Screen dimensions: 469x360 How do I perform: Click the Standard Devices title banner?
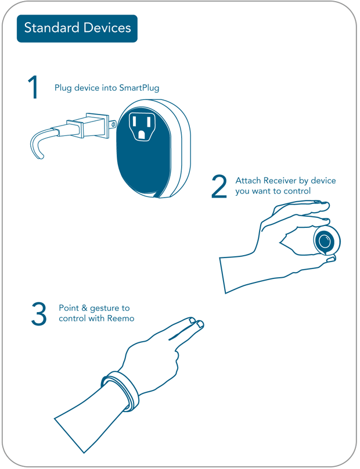click(77, 28)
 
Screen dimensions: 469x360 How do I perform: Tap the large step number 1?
click(33, 87)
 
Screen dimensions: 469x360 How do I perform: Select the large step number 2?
click(219, 186)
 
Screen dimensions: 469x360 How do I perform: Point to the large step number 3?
click(38, 313)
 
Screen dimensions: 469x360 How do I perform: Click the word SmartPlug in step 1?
click(139, 88)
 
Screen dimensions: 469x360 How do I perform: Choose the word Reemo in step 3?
click(121, 318)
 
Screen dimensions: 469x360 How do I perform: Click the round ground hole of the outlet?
click(142, 134)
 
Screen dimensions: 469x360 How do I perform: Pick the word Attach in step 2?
click(248, 181)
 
